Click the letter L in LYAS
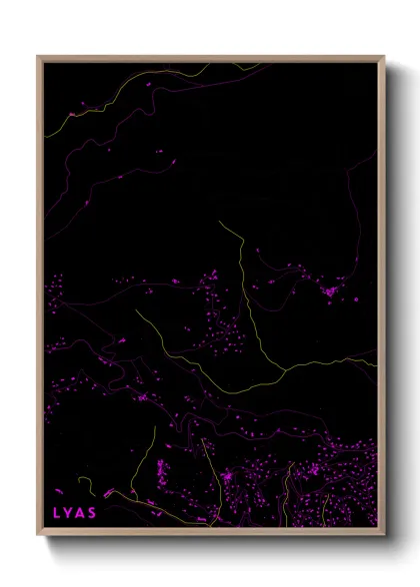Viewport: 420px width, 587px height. click(56, 513)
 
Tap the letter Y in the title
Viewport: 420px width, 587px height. click(68, 513)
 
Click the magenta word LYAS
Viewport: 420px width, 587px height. click(74, 513)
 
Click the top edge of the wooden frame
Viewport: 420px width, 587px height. click(210, 57)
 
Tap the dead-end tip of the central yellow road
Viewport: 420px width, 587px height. click(220, 223)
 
